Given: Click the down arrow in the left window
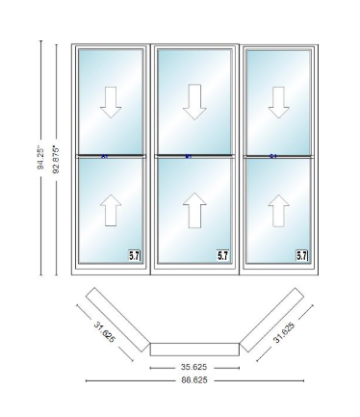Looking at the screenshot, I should tap(111, 101).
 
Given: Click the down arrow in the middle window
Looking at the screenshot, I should tap(194, 101).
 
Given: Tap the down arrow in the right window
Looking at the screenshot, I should tap(279, 101).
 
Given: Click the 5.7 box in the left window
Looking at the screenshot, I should tap(136, 255).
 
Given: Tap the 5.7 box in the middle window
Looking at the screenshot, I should tap(222, 255).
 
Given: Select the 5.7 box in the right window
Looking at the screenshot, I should tap(301, 255).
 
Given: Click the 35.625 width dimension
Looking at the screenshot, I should tap(195, 367).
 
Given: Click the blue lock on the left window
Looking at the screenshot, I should tap(103, 156).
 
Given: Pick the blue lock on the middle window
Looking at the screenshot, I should tap(188, 156).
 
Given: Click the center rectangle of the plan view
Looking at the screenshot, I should tap(195, 348).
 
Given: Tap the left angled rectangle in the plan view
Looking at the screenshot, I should tap(117, 317).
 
